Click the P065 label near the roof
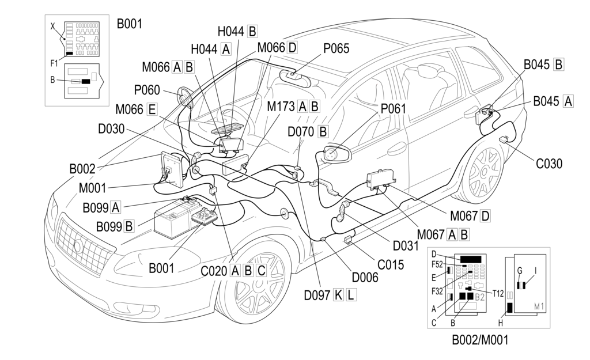click(336, 49)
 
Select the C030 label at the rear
click(549, 164)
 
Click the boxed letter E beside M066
click(152, 109)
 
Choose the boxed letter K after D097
click(339, 295)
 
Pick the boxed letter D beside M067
click(485, 216)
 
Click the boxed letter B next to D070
click(323, 131)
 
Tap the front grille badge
click(78, 246)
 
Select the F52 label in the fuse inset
click(438, 265)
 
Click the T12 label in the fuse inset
click(498, 293)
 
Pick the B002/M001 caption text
click(480, 340)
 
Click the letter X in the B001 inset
click(54, 26)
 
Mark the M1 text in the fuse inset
click(540, 305)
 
